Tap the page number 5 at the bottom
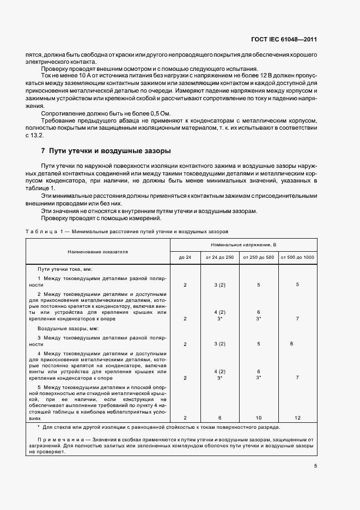(315, 465)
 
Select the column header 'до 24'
(185, 257)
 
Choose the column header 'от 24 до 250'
(220, 257)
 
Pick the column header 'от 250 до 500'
(258, 257)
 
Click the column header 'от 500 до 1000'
(297, 257)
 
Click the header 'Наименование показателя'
(97, 252)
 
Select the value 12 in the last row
(297, 418)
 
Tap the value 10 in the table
(258, 418)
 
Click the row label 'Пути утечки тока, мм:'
(64, 270)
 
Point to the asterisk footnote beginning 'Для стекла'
(163, 428)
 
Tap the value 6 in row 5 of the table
(220, 418)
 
